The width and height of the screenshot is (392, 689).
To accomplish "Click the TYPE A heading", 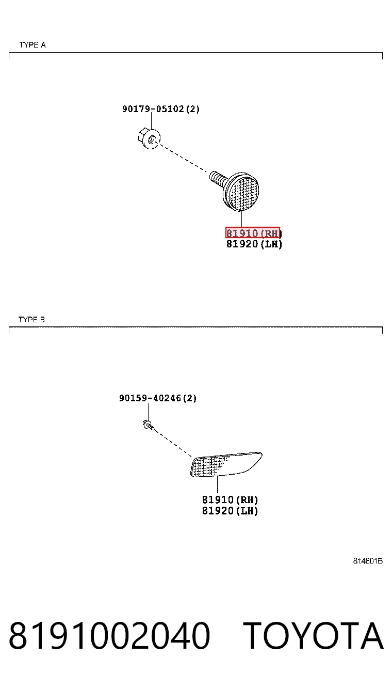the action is pos(32,45).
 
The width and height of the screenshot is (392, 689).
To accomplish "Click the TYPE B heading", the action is pos(31,320).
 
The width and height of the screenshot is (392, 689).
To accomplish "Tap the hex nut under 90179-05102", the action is pos(149,139).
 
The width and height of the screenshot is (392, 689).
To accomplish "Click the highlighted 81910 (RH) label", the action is pos(253,233).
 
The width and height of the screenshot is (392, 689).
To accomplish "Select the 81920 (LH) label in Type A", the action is pos(254,244).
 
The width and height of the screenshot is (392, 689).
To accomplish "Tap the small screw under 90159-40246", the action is pos(149,425).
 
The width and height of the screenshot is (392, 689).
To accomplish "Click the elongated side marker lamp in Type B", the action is pos(226,464).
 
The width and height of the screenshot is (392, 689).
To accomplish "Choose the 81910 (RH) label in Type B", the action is pos(230,499).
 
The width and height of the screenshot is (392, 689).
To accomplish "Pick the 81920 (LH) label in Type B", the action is pos(230,511).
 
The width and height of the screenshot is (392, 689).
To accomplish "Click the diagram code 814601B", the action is pos(368,561).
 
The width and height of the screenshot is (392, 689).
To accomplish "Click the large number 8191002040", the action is pos(109,635).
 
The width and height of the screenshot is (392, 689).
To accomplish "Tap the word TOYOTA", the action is pos(313,635).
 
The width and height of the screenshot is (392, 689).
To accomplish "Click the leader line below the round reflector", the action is pos(242,220).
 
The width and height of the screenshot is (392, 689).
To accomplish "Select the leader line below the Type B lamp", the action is pos(218,486).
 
